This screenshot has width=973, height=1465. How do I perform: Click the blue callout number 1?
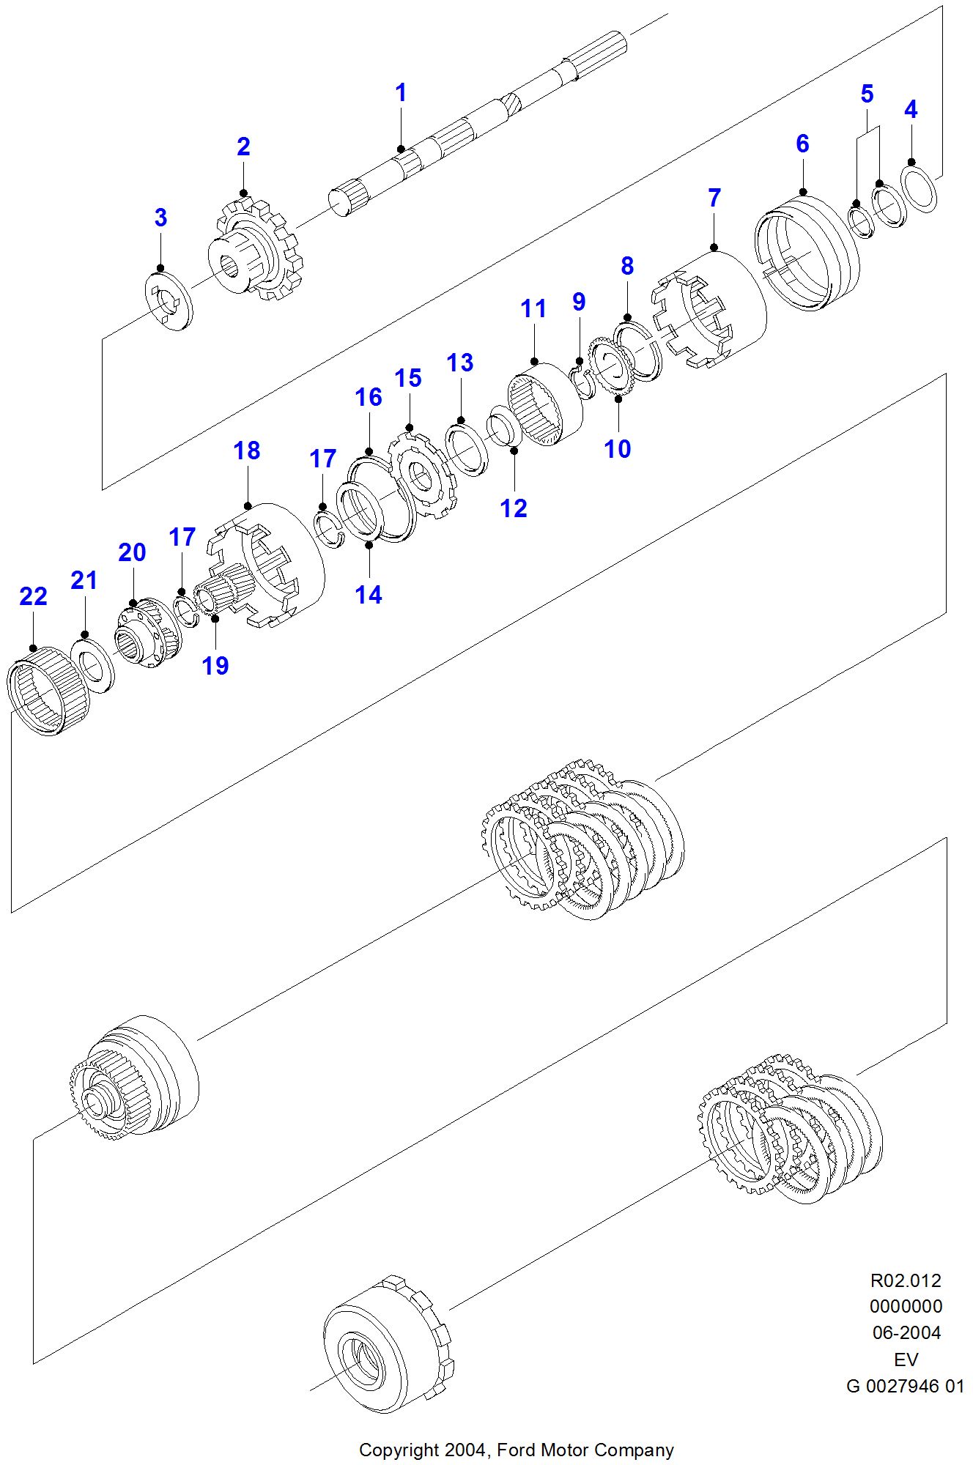coord(401,93)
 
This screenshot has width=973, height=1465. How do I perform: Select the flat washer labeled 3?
coord(169,300)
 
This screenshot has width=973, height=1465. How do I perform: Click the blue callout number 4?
coord(911,110)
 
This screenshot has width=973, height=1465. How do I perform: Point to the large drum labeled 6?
coord(806,253)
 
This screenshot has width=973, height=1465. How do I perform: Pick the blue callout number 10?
coord(618,449)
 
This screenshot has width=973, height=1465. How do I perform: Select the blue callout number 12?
coord(514,508)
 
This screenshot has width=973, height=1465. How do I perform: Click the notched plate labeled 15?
coord(423,476)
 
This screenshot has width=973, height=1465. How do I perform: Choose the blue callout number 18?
coord(247,450)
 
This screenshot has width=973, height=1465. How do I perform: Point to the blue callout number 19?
coord(215,666)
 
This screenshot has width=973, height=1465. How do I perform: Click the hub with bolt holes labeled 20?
coord(147,634)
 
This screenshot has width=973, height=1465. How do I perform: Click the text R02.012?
coord(906,1280)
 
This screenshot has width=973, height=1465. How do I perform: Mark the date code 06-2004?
coord(906,1332)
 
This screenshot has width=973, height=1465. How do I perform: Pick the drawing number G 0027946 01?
coord(905,1386)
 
